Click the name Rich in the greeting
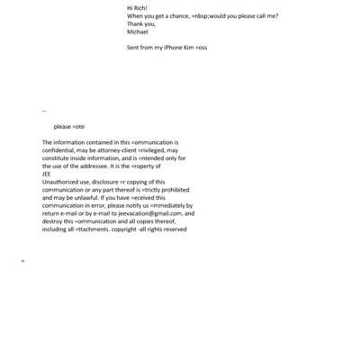[x=145, y=8]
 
